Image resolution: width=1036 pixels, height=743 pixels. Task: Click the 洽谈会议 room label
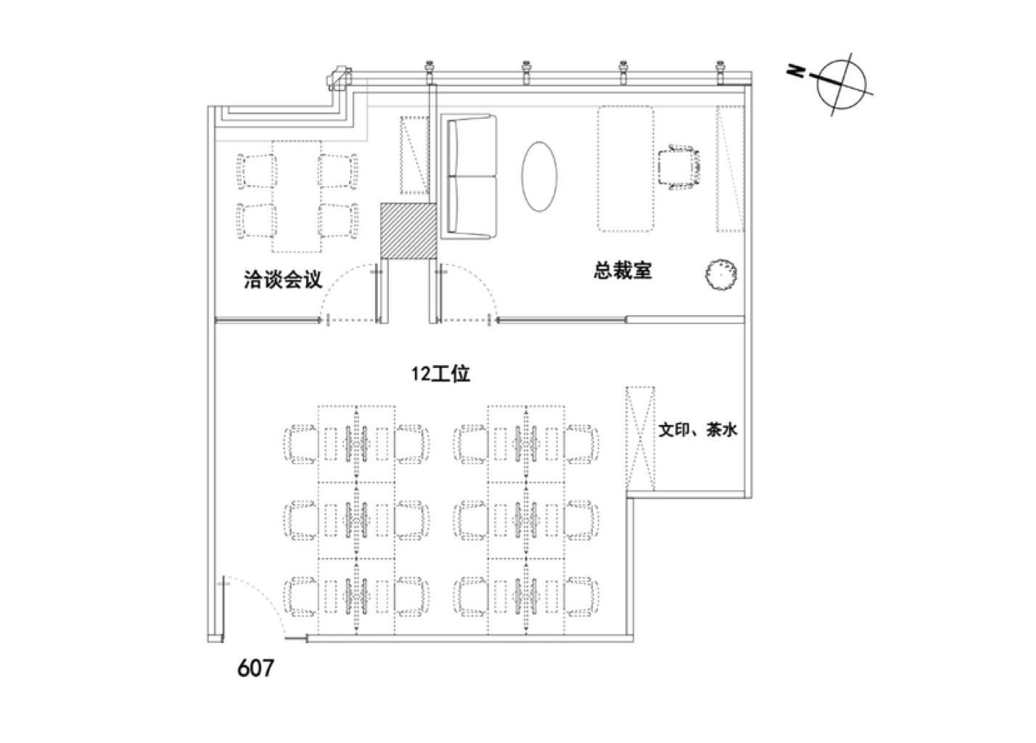tap(282, 280)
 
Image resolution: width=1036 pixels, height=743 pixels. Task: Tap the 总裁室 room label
tap(622, 271)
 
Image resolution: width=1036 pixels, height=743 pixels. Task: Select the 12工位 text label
tap(441, 374)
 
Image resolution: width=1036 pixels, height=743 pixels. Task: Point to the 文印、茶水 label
tap(698, 430)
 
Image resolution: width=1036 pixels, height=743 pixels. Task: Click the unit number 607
tap(256, 668)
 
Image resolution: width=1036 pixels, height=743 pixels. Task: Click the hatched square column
tap(408, 230)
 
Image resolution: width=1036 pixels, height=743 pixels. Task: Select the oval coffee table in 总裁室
tap(540, 176)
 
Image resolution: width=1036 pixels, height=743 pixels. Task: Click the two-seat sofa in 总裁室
tap(469, 176)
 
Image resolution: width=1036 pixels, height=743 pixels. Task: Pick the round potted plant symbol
tap(722, 274)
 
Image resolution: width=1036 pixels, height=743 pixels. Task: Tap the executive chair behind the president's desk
tap(681, 168)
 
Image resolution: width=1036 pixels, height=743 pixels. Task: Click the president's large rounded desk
tap(625, 168)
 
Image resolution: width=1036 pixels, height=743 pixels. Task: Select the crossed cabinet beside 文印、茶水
tap(641, 440)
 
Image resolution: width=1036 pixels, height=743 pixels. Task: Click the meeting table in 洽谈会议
tap(297, 196)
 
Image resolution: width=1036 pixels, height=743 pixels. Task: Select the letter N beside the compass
tap(796, 70)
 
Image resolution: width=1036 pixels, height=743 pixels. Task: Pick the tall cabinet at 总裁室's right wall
tap(731, 168)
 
